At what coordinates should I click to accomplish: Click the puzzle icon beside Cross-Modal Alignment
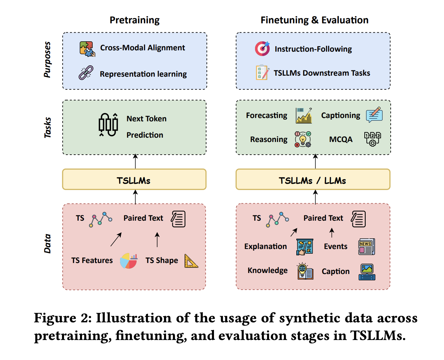(87, 49)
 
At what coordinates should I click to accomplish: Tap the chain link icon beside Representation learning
(86, 73)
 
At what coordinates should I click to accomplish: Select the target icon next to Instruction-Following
(262, 49)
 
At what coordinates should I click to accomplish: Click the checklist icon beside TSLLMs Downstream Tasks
(262, 72)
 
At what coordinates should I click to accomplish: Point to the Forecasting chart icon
(304, 116)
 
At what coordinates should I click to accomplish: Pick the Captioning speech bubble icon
(374, 115)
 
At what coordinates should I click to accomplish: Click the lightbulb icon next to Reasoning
(303, 139)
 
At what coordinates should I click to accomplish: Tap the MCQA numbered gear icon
(373, 139)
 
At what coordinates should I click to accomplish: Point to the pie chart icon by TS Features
(129, 261)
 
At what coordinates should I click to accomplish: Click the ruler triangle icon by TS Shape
(191, 261)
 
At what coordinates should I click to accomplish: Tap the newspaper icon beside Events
(367, 247)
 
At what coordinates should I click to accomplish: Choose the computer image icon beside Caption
(367, 272)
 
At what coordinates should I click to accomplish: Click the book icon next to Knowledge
(305, 271)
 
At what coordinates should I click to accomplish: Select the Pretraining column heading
(135, 20)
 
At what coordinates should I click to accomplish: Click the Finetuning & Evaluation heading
(314, 20)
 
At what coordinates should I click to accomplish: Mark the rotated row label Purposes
(47, 60)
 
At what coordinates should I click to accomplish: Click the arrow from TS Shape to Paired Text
(157, 240)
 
